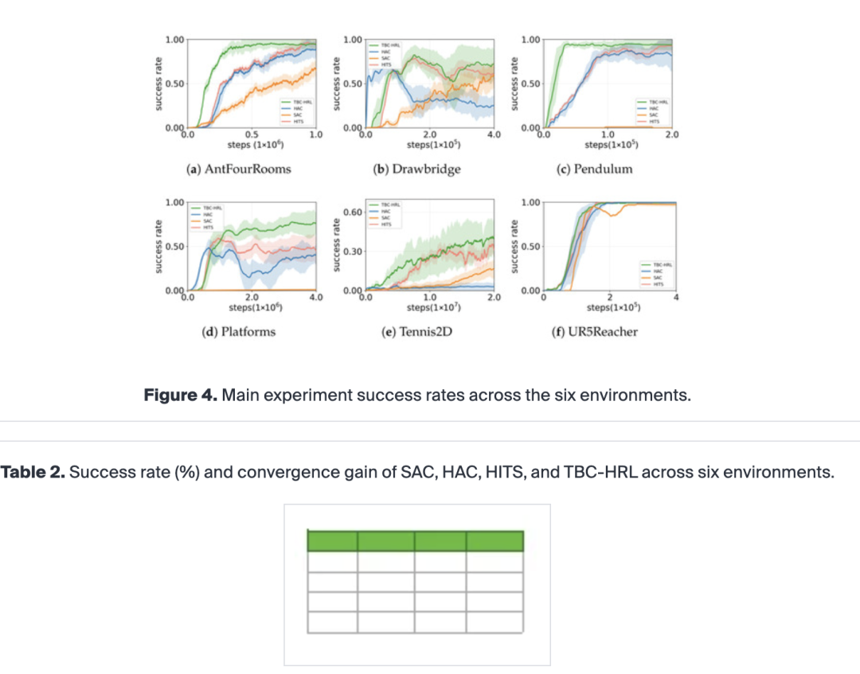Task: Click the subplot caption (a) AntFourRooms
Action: (x=238, y=169)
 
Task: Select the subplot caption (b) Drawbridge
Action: (x=416, y=169)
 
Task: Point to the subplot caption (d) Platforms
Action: (x=238, y=331)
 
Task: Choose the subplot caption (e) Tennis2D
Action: (x=416, y=331)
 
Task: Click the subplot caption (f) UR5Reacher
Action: (x=594, y=331)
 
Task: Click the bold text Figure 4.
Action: (x=179, y=395)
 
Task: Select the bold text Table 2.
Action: (x=32, y=472)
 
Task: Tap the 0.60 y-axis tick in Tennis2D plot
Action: (x=353, y=212)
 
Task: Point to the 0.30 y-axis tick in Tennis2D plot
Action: (x=353, y=251)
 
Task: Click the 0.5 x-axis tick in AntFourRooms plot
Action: (x=252, y=134)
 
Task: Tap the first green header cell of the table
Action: (x=332, y=542)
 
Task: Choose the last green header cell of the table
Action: (x=494, y=542)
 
